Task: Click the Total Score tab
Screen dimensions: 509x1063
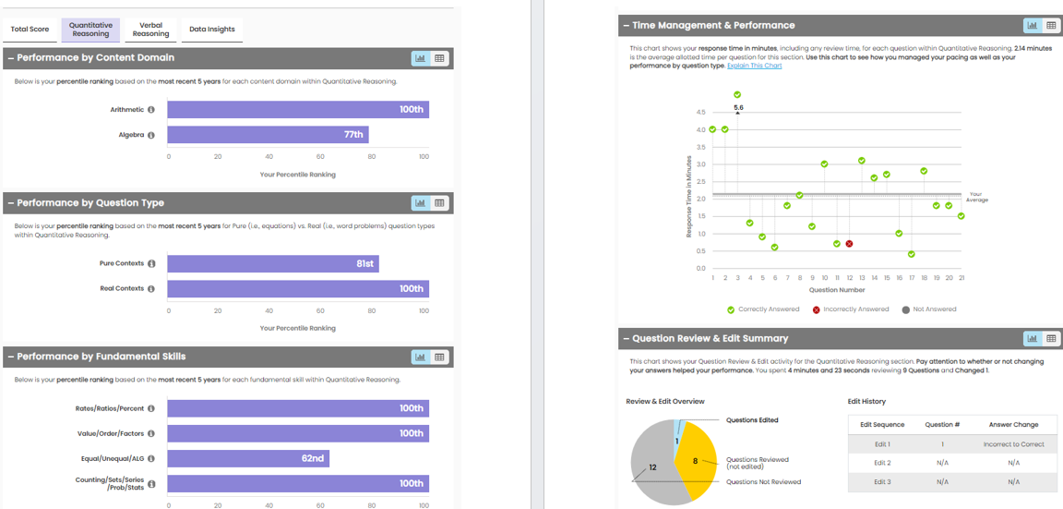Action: (x=30, y=30)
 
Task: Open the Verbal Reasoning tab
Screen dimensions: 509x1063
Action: (x=150, y=30)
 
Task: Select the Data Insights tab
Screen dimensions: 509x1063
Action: (x=211, y=30)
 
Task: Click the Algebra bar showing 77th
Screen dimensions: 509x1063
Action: (x=268, y=135)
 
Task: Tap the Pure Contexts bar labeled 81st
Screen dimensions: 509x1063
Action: (x=272, y=264)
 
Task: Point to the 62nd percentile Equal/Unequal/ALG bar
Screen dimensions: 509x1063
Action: (x=247, y=458)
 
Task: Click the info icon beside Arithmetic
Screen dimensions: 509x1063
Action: (x=151, y=110)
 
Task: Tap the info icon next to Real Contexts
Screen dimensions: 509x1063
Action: (x=151, y=289)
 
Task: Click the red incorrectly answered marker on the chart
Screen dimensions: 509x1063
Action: (x=849, y=244)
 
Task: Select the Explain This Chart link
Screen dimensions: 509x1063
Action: (x=754, y=66)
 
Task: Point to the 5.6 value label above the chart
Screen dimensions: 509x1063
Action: (x=738, y=108)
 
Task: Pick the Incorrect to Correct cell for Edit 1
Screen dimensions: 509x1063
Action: (x=1013, y=444)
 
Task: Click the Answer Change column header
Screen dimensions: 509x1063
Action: (x=1013, y=425)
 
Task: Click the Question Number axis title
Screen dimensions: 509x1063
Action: (x=836, y=290)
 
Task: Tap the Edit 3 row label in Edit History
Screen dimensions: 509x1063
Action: (x=881, y=482)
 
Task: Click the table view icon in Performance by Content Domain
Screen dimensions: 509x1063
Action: (x=439, y=58)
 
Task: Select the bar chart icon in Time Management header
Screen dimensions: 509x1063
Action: (x=1032, y=26)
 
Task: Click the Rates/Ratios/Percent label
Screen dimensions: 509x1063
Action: (x=110, y=408)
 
